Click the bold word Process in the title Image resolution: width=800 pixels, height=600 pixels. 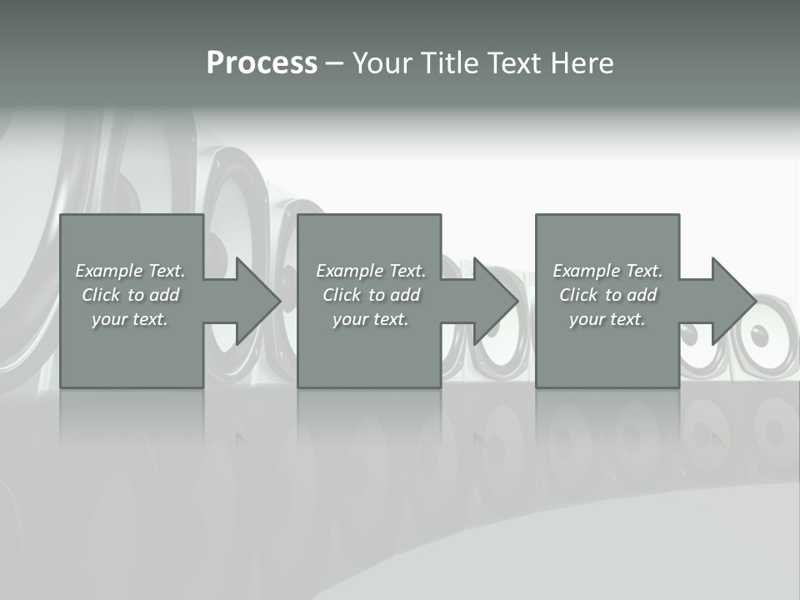coord(262,63)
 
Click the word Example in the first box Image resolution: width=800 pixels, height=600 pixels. coord(108,271)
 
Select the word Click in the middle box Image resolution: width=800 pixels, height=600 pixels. coord(341,295)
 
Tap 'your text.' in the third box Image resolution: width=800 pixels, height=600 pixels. coord(607,319)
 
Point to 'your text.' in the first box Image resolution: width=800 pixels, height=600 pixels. coord(129,319)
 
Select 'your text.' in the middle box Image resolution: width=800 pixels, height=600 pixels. coord(370,319)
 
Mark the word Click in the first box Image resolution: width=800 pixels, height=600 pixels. coord(100,295)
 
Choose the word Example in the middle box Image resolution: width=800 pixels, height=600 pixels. coord(349,271)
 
